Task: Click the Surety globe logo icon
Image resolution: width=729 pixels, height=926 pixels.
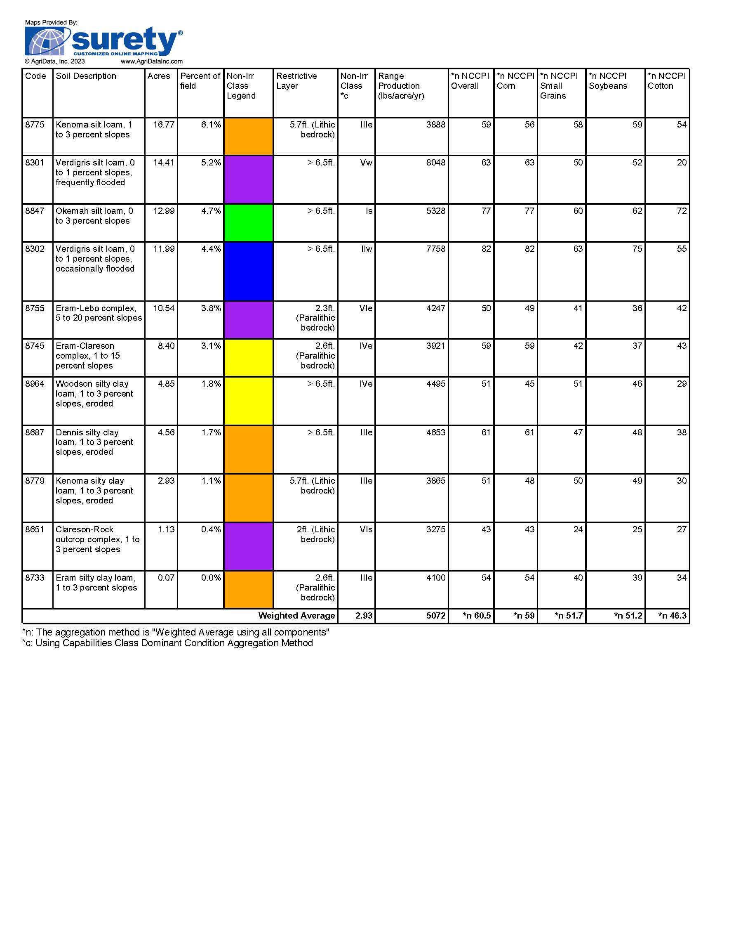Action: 47,41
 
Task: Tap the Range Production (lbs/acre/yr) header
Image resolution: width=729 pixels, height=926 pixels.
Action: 401,86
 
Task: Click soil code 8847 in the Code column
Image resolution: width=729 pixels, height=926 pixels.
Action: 35,211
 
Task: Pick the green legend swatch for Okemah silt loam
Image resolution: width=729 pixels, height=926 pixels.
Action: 248,222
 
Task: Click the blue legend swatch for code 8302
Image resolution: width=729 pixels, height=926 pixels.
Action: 248,271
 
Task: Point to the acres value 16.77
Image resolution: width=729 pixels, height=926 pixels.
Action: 163,125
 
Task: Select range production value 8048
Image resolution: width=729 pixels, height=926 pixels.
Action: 435,163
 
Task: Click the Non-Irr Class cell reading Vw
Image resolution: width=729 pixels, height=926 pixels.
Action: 366,163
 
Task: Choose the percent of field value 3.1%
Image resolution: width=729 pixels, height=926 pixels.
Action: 211,346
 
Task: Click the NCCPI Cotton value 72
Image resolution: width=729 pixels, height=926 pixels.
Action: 681,211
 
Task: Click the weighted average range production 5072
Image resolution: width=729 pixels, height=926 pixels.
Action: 435,616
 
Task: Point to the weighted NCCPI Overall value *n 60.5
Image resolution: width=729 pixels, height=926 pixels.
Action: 477,616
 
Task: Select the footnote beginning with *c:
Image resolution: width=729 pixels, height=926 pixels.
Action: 167,643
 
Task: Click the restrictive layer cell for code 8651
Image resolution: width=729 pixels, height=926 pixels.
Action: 315,534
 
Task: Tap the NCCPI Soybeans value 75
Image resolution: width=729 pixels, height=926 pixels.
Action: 637,249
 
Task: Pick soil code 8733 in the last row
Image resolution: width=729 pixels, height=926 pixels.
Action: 35,578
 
